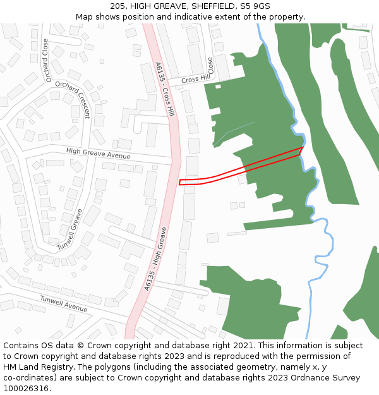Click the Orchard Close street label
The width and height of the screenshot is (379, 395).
45,61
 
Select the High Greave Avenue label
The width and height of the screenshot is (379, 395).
98,153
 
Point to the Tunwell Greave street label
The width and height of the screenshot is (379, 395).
69,229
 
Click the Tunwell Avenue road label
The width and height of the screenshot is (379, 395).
63,303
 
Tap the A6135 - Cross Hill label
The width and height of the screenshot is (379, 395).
164,88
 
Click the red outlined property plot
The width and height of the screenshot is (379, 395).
240,167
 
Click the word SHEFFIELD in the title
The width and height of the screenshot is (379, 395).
203,6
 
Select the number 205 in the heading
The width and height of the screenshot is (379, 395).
117,6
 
